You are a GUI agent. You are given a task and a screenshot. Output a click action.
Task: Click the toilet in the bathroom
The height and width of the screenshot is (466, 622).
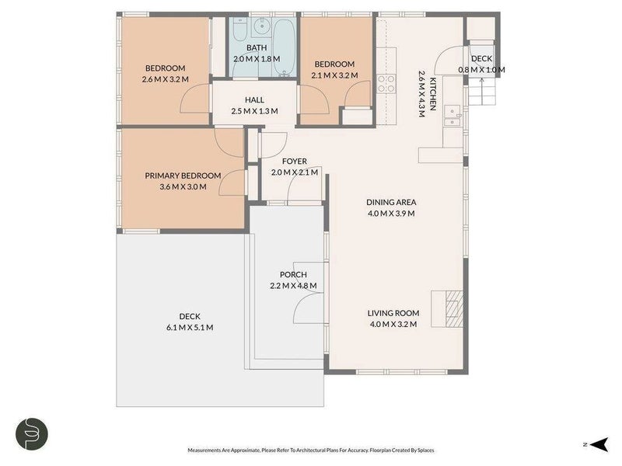coord(239,30)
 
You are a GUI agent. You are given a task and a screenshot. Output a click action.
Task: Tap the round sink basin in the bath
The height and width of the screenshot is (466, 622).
coord(261,27)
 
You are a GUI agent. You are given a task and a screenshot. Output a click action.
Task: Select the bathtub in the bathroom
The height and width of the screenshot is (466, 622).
coord(284,47)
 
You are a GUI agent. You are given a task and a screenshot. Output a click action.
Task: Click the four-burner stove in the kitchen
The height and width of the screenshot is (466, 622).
coord(386,84)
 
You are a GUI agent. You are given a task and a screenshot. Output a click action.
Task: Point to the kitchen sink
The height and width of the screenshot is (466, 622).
coord(453,116)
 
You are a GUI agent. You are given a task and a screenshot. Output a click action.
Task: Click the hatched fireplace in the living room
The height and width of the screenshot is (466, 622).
coord(454,309)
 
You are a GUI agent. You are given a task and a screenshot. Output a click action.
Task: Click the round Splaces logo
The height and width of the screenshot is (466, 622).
coord(32,433)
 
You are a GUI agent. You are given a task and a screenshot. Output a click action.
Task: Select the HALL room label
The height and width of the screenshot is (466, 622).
coord(254,100)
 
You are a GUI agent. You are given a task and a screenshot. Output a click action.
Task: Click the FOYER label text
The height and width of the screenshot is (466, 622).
coord(295,162)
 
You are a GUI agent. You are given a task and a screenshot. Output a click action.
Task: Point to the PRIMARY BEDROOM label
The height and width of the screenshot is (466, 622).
coord(183,176)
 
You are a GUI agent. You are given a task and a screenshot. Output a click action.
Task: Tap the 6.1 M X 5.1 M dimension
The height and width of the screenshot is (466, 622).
coord(190,327)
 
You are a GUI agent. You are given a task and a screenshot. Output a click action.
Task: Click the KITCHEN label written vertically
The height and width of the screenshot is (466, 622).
coord(433,94)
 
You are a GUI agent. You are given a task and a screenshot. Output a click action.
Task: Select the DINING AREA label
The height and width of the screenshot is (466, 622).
coord(391,202)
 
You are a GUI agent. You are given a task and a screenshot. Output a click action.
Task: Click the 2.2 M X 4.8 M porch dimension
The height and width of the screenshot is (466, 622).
coord(293,286)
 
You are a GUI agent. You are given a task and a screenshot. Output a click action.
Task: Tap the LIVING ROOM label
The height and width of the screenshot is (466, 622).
coord(393,313)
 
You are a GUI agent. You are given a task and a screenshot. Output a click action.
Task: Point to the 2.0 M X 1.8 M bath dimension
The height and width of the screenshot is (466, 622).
coord(257,59)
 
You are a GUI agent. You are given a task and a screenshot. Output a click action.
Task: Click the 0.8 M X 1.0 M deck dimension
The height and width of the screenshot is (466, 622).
coord(481,70)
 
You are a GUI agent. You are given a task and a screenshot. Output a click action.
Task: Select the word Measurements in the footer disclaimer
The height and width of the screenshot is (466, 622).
coord(204,450)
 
